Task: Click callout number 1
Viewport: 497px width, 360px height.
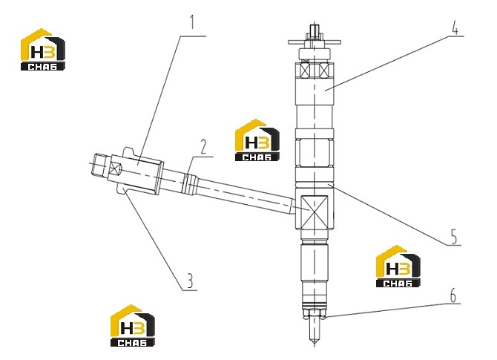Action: click(191, 22)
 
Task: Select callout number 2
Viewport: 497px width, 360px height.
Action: click(203, 147)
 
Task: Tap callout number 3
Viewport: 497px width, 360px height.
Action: click(189, 281)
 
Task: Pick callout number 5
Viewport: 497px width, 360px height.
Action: click(454, 236)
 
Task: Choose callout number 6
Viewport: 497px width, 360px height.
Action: click(453, 295)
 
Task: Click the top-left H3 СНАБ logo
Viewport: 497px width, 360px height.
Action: click(43, 50)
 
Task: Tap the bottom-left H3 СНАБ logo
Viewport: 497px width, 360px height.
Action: click(133, 326)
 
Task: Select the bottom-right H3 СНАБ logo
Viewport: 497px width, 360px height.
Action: click(398, 266)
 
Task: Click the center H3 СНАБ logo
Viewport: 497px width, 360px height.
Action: click(257, 140)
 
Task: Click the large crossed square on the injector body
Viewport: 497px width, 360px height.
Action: click(314, 212)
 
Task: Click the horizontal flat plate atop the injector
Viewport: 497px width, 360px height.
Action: click(314, 42)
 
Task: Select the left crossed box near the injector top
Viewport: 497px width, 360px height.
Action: click(303, 70)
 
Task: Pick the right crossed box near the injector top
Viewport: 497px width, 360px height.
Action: click(325, 70)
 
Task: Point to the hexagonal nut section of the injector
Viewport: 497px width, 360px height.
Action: click(314, 153)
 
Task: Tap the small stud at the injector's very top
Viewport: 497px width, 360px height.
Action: click(314, 31)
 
